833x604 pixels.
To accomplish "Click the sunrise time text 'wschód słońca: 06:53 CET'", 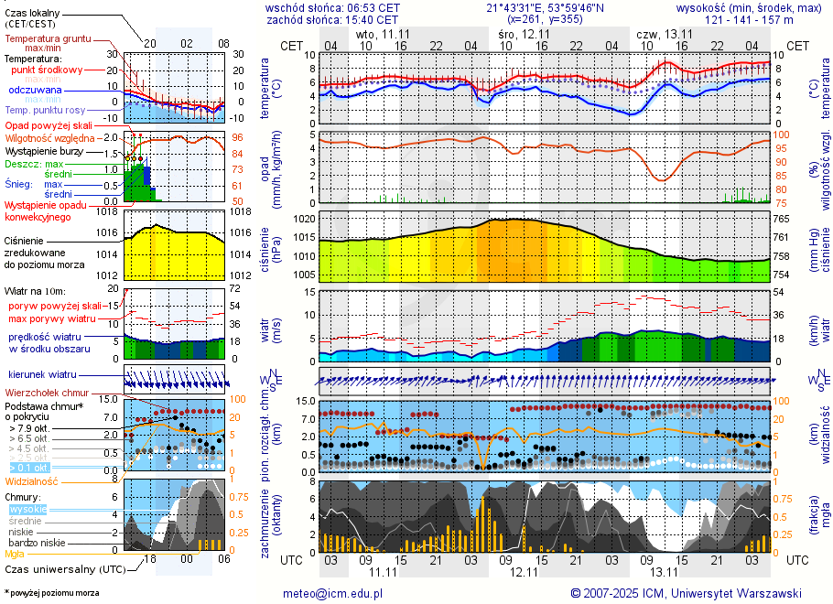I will point(332,7).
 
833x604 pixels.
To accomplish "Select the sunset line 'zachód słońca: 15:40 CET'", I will point(332,19).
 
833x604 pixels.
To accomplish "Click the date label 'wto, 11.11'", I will point(383,34).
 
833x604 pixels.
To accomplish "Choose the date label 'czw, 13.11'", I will point(664,34).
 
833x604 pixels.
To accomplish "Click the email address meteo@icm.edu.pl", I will point(332,593).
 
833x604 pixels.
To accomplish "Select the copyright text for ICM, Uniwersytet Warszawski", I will point(686,593).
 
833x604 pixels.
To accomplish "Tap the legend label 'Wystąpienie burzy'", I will point(49,150).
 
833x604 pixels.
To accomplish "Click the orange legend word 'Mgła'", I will point(15,554).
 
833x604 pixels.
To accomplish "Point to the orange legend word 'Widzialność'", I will point(32,480).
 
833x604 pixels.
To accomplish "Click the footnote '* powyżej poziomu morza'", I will point(51,593).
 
